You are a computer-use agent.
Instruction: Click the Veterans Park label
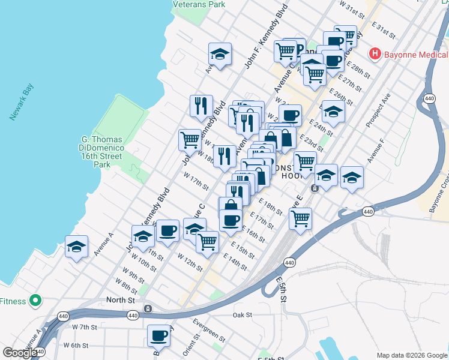(199, 4)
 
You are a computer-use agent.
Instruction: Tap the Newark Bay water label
(22, 103)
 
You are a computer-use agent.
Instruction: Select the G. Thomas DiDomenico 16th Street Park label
(101, 152)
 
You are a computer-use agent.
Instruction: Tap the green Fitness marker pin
(35, 299)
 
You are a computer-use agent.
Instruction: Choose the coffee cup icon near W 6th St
(159, 335)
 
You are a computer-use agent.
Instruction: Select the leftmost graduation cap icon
(77, 246)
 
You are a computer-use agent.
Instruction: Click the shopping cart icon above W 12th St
(207, 242)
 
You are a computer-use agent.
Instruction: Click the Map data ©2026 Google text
(411, 355)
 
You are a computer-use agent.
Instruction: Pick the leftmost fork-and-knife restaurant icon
(201, 106)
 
